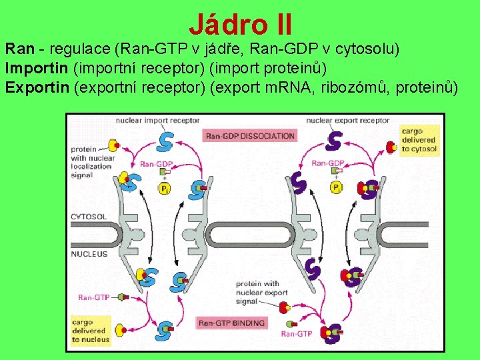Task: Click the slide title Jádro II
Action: [240, 25]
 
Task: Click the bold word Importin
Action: [36, 68]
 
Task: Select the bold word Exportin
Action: [37, 87]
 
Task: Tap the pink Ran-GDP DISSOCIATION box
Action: [250, 136]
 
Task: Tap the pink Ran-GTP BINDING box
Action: [231, 323]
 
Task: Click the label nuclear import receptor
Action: [157, 121]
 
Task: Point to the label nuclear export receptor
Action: [347, 121]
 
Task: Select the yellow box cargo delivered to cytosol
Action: [419, 140]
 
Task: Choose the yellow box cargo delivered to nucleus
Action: [91, 331]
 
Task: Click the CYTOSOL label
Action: [89, 217]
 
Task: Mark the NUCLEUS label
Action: [89, 253]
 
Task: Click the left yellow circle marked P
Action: [163, 189]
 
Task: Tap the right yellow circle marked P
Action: [335, 187]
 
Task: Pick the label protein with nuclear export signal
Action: [261, 292]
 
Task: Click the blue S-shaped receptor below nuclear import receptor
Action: [164, 141]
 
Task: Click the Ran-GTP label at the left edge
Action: [93, 297]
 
